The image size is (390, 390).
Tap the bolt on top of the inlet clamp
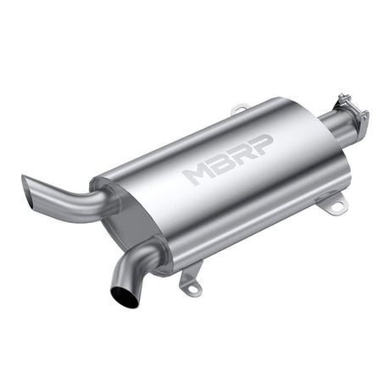point(343,97)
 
